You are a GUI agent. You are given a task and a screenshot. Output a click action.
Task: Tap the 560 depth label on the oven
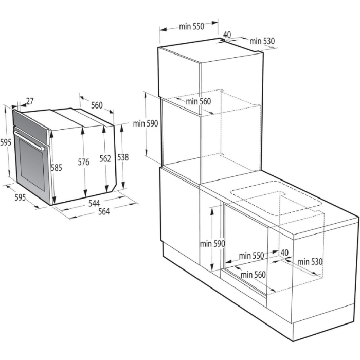(97, 105)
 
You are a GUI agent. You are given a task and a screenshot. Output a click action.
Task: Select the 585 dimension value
(56, 167)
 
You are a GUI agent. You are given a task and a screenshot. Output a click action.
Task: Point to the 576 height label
(83, 163)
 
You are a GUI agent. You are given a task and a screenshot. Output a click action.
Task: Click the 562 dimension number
(105, 159)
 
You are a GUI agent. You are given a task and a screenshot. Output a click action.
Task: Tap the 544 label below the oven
(94, 203)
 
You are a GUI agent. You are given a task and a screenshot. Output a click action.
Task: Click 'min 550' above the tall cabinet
(191, 27)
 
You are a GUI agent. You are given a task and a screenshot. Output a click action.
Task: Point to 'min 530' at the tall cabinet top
(262, 41)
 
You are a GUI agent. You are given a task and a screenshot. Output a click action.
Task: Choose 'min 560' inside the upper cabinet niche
(199, 101)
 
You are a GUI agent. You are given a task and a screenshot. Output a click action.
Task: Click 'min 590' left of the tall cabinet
(145, 123)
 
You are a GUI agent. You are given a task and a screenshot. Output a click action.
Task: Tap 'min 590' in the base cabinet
(213, 244)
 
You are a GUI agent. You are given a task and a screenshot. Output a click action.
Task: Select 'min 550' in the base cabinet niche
(251, 256)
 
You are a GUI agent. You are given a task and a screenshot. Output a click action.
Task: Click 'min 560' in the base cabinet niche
(253, 275)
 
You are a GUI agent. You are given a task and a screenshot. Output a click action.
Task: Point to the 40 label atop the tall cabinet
(227, 35)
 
